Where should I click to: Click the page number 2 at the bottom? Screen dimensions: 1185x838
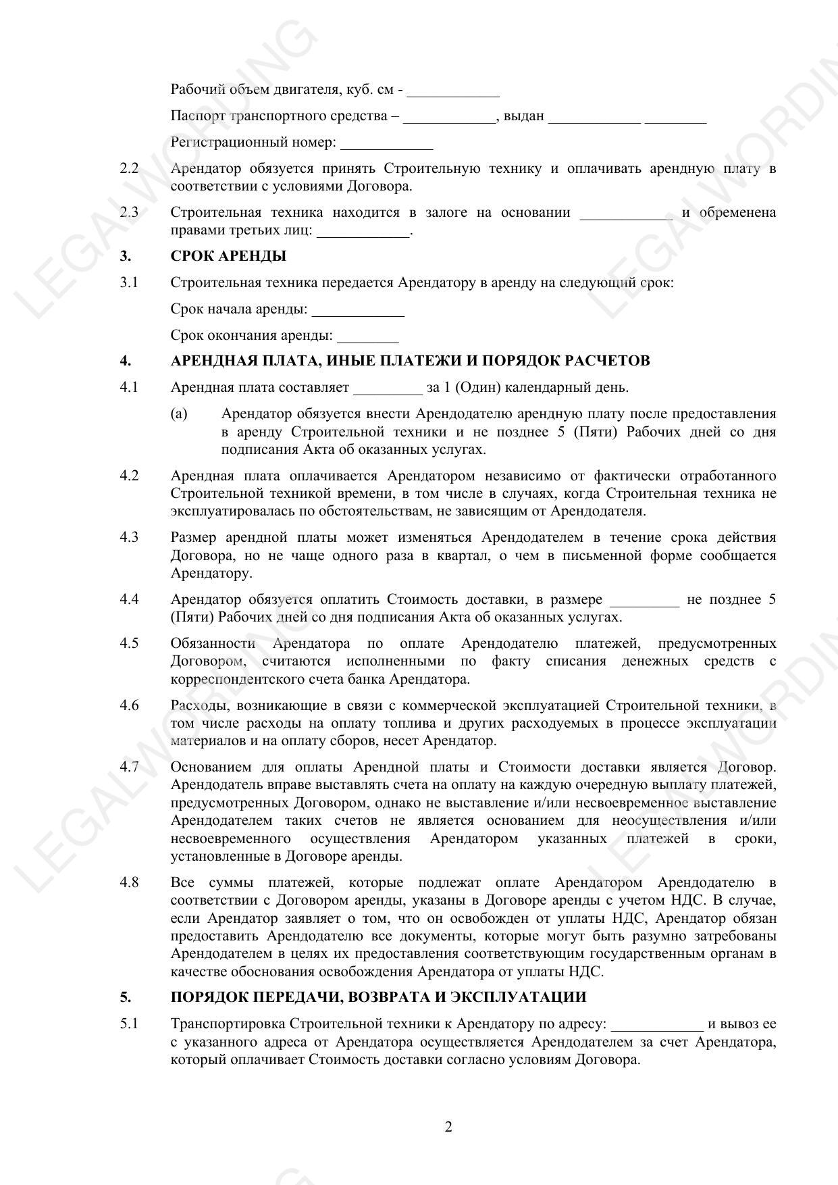(448, 1127)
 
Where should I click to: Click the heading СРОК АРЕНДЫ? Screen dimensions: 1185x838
(228, 257)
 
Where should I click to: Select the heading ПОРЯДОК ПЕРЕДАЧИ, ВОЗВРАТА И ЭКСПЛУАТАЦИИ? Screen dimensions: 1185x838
(378, 997)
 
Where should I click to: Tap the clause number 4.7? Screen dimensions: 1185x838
(129, 767)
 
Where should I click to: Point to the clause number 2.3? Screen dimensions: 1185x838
(129, 213)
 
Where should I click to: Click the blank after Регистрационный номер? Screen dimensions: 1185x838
(387, 144)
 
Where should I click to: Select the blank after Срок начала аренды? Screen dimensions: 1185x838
(358, 311)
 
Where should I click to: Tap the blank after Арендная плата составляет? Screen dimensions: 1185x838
(388, 389)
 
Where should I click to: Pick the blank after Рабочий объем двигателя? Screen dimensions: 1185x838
(453, 91)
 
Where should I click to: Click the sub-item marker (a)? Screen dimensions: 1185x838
(179, 413)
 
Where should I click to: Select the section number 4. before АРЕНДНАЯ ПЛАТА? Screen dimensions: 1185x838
(126, 361)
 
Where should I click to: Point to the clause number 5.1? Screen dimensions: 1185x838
(129, 1024)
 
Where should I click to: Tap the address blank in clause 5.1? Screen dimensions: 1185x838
(657, 1025)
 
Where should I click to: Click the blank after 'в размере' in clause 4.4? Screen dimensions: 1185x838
(644, 601)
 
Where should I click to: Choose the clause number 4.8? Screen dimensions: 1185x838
(129, 882)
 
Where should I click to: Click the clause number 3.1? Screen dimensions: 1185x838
(129, 282)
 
